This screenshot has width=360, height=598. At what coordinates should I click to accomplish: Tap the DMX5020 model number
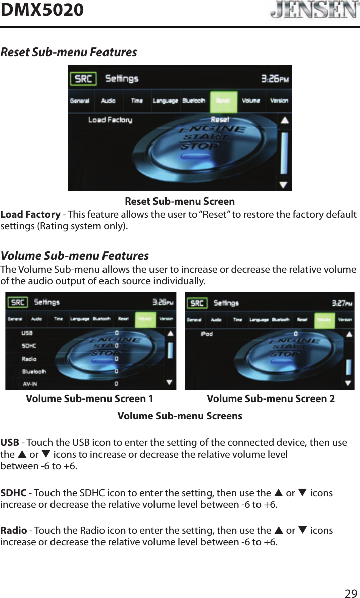click(42, 10)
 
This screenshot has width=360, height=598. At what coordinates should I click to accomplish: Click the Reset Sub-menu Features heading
click(69, 52)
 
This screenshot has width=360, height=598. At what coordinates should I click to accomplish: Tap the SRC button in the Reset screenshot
click(83, 79)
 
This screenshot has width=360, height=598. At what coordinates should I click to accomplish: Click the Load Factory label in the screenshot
click(110, 120)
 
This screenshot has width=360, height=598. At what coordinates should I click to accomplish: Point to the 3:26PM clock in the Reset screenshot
click(275, 79)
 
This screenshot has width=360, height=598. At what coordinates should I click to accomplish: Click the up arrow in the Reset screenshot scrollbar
click(284, 121)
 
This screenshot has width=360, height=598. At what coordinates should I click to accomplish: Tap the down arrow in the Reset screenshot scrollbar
click(284, 184)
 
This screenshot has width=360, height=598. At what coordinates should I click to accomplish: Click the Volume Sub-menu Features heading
click(75, 256)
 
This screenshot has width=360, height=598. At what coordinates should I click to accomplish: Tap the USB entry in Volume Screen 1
click(27, 333)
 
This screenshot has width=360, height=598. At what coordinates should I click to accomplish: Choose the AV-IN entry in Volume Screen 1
click(31, 383)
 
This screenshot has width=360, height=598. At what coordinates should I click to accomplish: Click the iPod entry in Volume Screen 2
click(207, 334)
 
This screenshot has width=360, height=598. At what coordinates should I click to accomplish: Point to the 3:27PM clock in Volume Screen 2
click(342, 303)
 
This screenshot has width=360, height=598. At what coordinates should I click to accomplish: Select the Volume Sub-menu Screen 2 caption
click(271, 399)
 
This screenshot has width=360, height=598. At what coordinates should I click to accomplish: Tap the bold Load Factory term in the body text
click(30, 215)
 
